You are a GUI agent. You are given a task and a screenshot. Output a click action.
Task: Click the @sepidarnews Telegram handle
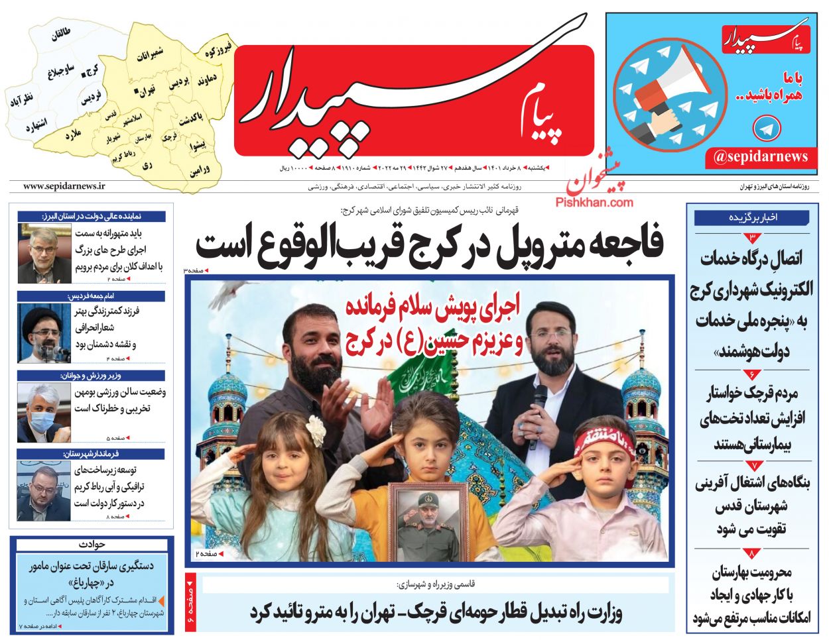pyautogui.click(x=761, y=157)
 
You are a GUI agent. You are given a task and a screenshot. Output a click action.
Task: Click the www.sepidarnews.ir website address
pyautogui.click(x=64, y=187)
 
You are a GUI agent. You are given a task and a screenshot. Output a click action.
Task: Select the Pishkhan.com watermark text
pyautogui.click(x=594, y=202)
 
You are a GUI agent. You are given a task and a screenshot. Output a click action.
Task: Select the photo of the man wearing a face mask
pyautogui.click(x=44, y=412)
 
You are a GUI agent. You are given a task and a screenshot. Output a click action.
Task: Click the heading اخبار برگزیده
pyautogui.click(x=752, y=217)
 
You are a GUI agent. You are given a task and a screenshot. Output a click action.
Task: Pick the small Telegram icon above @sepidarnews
pyautogui.click(x=768, y=128)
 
